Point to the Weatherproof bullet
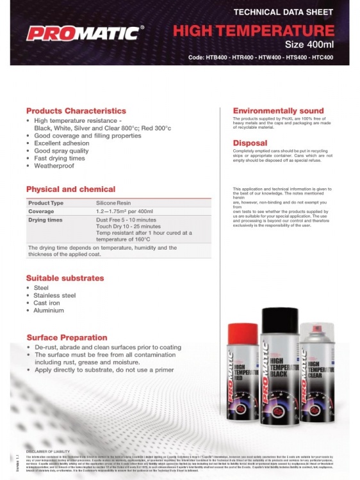click(x=54, y=166)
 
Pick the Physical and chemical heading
click(x=70, y=189)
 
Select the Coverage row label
click(x=41, y=211)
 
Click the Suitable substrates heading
click(x=65, y=278)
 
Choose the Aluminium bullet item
click(x=49, y=310)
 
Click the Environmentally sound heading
click(x=278, y=111)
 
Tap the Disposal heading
click(x=250, y=143)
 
